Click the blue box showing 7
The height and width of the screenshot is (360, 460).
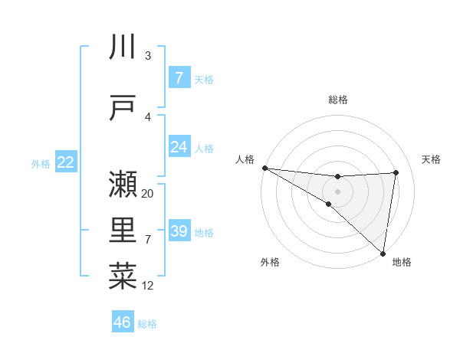tap(179, 77)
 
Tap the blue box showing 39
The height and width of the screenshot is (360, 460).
tap(179, 231)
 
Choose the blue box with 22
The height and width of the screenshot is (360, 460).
tap(66, 162)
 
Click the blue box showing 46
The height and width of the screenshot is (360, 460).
tap(123, 322)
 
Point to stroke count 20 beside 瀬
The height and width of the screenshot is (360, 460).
tap(148, 194)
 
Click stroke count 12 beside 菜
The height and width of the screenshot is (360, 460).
tap(148, 286)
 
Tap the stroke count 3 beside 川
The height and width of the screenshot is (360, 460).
tap(148, 56)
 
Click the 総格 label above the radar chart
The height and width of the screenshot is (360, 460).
tap(338, 100)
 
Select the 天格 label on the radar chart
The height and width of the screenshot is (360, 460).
tap(432, 159)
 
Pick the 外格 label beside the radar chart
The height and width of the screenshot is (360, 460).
tap(270, 262)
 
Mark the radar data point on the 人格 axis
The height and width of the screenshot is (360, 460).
tap(264, 168)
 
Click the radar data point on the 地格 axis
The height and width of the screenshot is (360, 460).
tap(383, 253)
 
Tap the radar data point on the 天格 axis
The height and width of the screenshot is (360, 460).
tap(396, 172)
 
